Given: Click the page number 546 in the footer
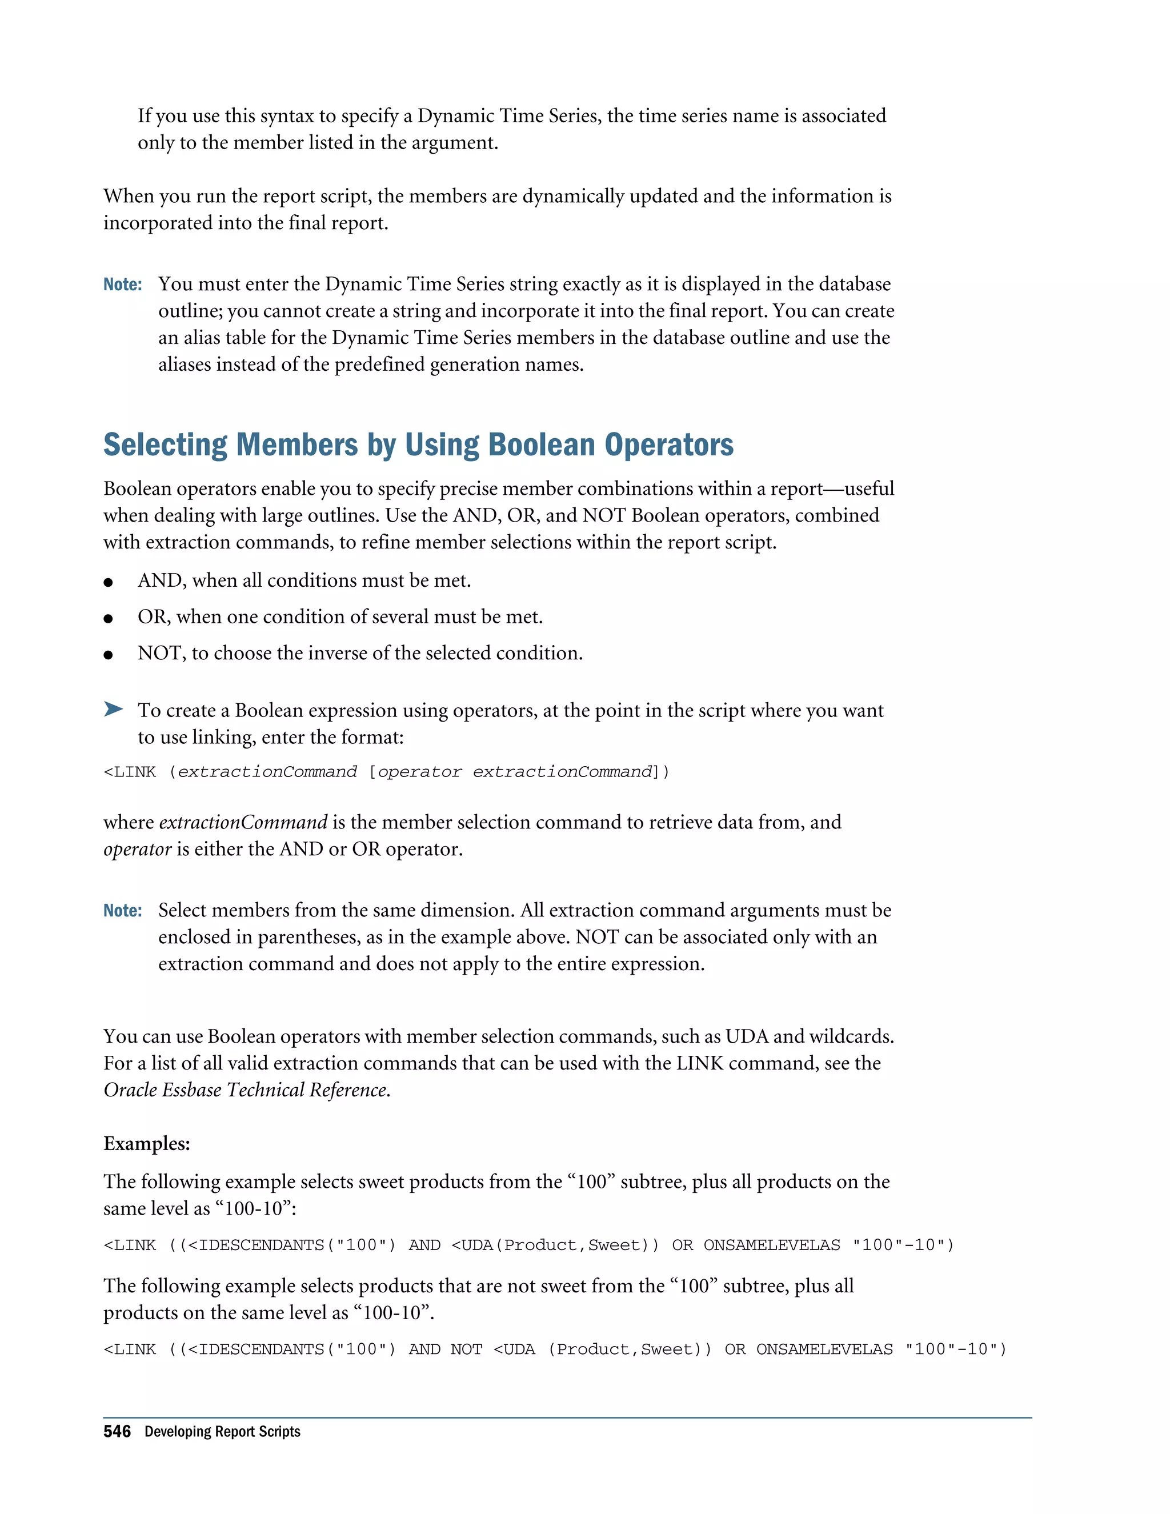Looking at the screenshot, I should click(x=117, y=1432).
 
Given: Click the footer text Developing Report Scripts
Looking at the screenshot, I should click(x=222, y=1432).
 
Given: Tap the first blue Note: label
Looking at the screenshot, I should click(x=123, y=284).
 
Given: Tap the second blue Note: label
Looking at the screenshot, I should click(x=123, y=910).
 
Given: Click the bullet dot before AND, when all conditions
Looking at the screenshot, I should click(x=108, y=582).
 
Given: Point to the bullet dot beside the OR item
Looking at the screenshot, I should click(x=108, y=618).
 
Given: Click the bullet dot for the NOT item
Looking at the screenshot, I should click(x=108, y=654).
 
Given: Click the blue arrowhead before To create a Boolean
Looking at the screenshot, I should click(x=113, y=708).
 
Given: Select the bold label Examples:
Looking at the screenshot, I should click(x=146, y=1143).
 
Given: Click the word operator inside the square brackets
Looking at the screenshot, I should click(x=419, y=771).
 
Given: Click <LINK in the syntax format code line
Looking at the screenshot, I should click(x=130, y=771).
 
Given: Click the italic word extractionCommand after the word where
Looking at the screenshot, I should click(x=243, y=822).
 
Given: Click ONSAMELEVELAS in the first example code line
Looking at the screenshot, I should click(x=771, y=1245).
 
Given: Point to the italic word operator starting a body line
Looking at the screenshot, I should click(x=137, y=849).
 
